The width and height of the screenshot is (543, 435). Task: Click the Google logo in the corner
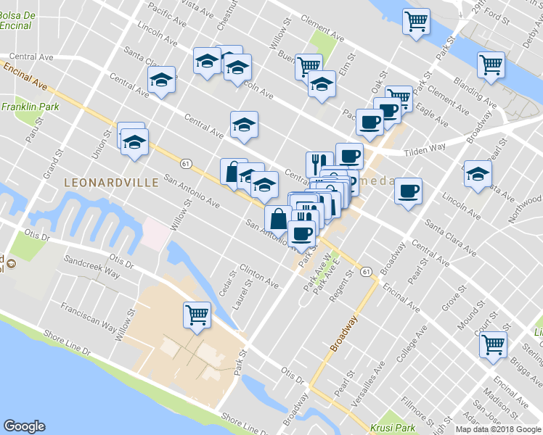click(24, 426)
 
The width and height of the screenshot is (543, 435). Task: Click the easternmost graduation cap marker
click(477, 174)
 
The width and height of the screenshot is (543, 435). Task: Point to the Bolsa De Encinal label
click(16, 20)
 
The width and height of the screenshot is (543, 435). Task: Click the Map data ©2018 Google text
click(497, 429)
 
